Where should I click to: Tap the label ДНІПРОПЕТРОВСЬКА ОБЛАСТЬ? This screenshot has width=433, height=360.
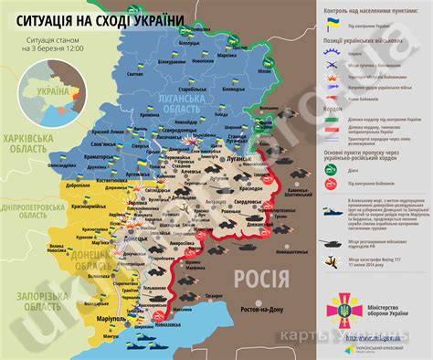(32, 210)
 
